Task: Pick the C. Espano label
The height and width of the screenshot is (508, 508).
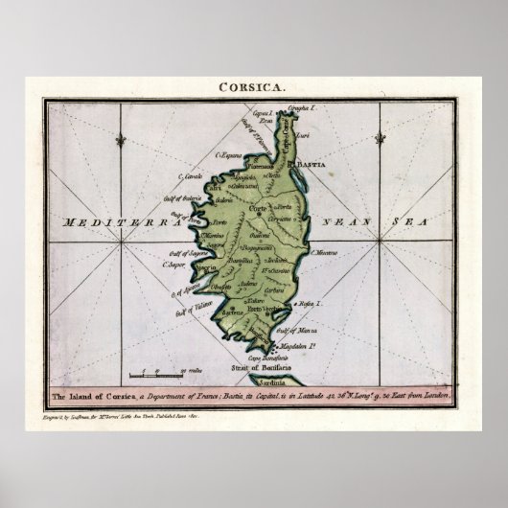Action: click(x=226, y=154)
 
